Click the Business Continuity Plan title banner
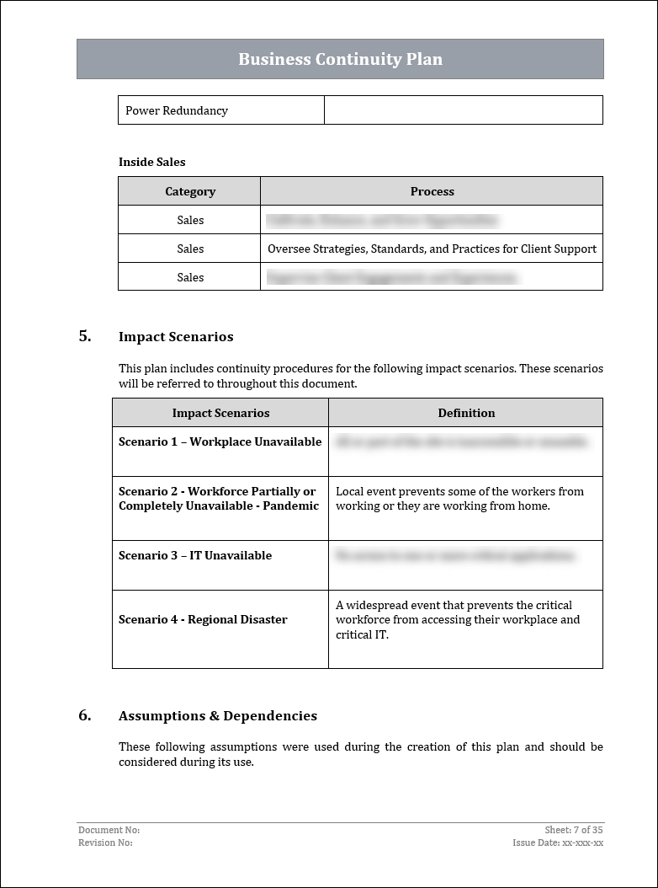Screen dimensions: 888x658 (x=340, y=59)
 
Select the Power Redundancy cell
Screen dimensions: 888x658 (x=177, y=110)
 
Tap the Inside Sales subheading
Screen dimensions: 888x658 (x=152, y=162)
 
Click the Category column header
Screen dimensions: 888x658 (x=190, y=191)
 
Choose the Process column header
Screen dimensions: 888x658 (x=432, y=191)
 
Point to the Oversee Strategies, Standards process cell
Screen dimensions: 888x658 (x=432, y=249)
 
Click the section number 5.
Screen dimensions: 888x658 (x=85, y=336)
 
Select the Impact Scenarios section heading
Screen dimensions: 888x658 (x=176, y=337)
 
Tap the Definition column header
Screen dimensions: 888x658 (x=466, y=413)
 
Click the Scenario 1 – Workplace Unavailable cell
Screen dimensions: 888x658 (x=220, y=441)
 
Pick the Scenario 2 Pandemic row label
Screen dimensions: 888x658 (x=219, y=499)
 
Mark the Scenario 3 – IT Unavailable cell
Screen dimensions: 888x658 (x=195, y=555)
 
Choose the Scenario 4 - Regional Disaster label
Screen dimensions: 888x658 (x=203, y=619)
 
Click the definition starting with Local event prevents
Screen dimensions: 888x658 (x=459, y=499)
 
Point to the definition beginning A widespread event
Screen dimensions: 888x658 (x=458, y=619)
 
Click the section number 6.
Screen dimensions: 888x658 (x=85, y=715)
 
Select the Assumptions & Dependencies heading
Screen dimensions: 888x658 (x=218, y=716)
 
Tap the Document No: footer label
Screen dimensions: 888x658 (x=109, y=830)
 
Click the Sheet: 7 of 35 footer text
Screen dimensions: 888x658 (x=574, y=830)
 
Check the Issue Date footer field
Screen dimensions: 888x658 (x=558, y=843)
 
